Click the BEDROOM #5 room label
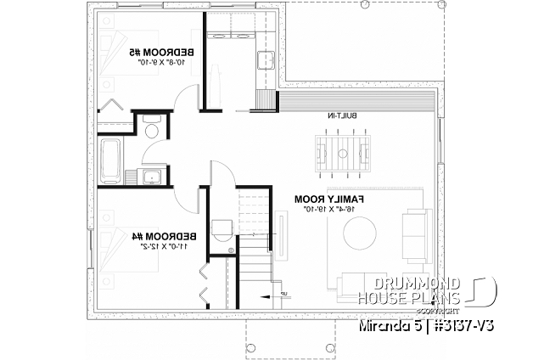166,52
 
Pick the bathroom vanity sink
149,177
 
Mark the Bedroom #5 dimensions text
166,62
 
